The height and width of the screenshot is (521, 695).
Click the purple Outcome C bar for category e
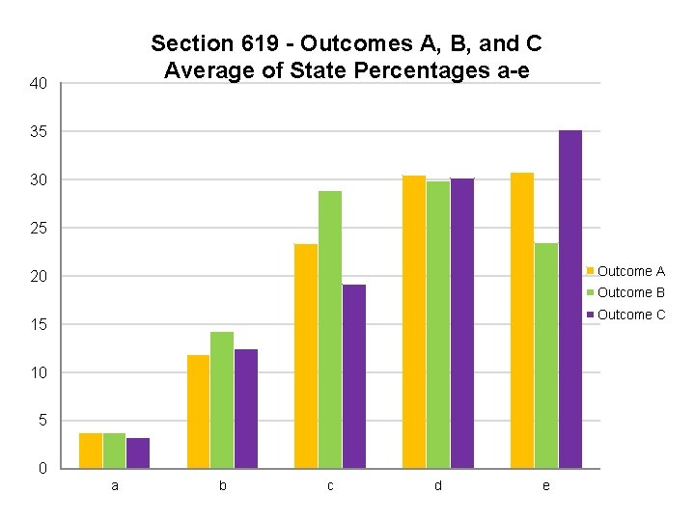[570, 299]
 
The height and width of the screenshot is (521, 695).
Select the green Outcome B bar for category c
[330, 329]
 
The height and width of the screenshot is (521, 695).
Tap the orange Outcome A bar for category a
[91, 451]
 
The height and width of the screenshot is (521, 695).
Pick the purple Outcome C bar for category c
[354, 376]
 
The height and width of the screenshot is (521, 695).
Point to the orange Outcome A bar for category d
[414, 321]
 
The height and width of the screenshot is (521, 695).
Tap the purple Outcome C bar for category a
[138, 452]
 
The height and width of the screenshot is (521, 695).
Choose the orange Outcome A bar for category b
[198, 411]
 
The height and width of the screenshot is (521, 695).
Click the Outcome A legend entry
[630, 271]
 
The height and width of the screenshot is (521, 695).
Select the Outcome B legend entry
[630, 292]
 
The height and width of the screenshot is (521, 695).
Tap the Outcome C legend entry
[630, 315]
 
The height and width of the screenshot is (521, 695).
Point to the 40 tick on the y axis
[39, 85]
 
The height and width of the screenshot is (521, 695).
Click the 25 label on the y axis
[39, 229]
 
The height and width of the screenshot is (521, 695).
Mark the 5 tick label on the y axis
[42, 421]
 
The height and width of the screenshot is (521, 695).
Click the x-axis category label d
[437, 486]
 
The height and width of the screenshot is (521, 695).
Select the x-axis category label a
[115, 486]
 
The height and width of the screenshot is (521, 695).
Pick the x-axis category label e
[546, 486]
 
